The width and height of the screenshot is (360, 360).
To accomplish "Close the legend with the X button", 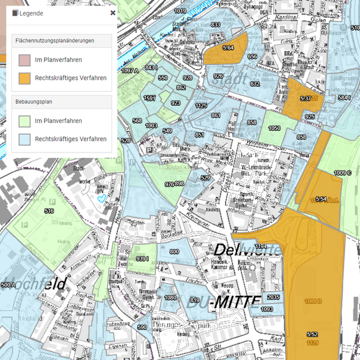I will (x=113, y=13).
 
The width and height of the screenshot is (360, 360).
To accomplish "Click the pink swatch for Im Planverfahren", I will (x=25, y=60).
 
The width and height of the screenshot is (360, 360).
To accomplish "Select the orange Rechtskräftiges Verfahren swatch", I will (x=25, y=78).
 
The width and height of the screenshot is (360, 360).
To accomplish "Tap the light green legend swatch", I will (x=25, y=121).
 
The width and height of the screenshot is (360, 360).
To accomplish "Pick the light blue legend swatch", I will (x=25, y=139).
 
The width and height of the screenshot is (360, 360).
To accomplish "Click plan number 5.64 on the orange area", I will (x=227, y=47).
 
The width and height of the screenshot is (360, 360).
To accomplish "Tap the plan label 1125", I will (x=201, y=106).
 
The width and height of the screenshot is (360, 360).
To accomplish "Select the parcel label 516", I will (x=49, y=211).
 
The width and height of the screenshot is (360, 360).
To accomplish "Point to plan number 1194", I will (x=260, y=247).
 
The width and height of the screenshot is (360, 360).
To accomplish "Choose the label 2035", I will (x=273, y=298).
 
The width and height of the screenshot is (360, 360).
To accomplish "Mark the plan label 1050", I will (x=274, y=128).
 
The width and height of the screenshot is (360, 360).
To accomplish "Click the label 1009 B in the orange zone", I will (x=313, y=301).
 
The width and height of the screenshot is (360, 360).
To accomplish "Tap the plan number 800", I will (x=174, y=252).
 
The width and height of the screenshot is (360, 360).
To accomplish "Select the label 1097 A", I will (x=130, y=71).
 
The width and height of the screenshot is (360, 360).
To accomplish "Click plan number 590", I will (x=142, y=327).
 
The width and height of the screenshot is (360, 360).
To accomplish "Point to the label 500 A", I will (x=8, y=284).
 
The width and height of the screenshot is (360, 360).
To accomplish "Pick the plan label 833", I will (x=215, y=25).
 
